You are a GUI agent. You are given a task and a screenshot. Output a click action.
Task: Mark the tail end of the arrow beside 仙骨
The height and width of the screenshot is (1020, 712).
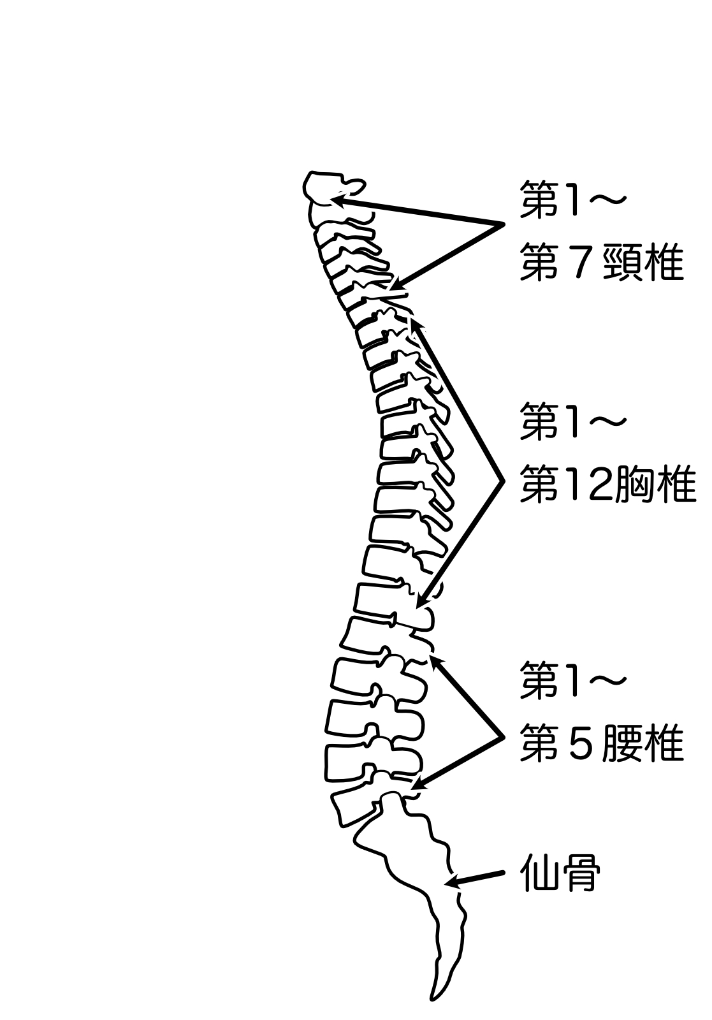(x=504, y=873)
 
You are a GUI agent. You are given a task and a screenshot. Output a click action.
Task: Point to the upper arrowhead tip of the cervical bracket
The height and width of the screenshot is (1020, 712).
(x=331, y=199)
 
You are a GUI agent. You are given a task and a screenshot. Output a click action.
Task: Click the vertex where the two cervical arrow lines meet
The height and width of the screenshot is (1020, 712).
(x=504, y=224)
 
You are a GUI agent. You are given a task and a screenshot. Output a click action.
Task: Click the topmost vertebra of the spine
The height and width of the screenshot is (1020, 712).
(x=333, y=188)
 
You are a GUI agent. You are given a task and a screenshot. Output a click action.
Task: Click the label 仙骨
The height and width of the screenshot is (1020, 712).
(x=560, y=873)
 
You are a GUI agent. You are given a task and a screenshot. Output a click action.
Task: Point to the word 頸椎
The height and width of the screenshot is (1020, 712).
(x=643, y=262)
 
